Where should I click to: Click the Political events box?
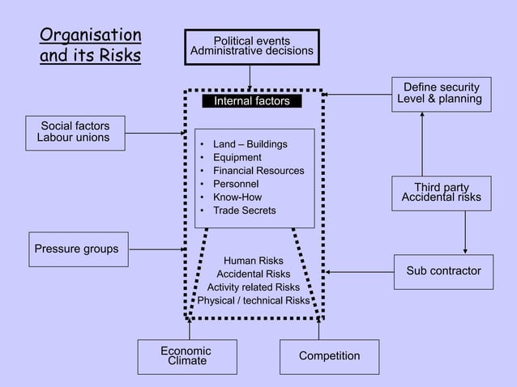tap(251, 47)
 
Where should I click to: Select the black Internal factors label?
tap(251, 101)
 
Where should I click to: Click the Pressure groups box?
tap(77, 249)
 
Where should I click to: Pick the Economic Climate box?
tap(188, 356)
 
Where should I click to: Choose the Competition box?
tap(329, 357)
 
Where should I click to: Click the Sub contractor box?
tap(442, 271)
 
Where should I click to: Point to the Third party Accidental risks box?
tap(441, 193)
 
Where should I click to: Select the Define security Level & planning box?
tap(441, 94)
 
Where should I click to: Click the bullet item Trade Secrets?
tap(244, 211)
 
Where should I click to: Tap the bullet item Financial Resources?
tap(258, 171)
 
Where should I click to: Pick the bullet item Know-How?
tap(237, 197)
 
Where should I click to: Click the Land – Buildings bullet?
tap(250, 144)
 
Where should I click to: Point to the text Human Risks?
tap(253, 261)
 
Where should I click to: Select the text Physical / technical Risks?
tap(253, 300)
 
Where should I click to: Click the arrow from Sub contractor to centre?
tap(361, 271)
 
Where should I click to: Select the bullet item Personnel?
tap(235, 184)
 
